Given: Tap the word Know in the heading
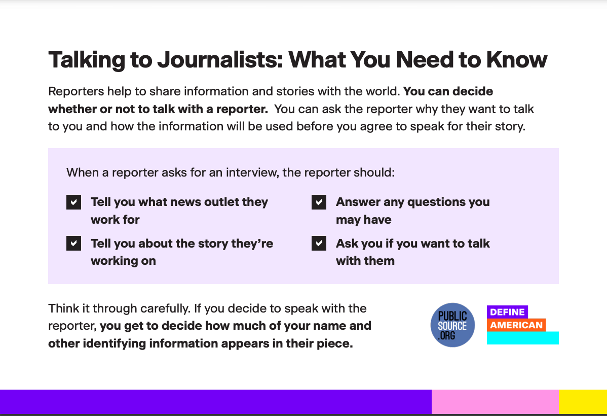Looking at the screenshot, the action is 516,60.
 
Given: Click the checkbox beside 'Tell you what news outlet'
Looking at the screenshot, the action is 73,202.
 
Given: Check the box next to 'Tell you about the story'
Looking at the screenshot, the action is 73,243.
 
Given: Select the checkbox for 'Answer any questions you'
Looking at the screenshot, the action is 319,202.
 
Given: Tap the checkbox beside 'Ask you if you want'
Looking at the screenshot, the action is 319,243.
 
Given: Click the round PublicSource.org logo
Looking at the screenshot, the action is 452,325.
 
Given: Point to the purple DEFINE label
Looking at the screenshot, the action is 507,312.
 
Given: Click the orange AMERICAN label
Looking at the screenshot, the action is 516,325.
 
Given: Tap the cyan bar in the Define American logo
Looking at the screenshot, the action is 522,338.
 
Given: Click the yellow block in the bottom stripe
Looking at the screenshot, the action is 583,402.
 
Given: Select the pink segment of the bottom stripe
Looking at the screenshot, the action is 495,402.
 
